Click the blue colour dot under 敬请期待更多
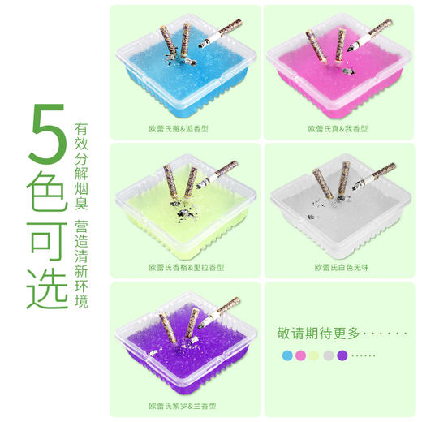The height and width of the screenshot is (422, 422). (x=286, y=355)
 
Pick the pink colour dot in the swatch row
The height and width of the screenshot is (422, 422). (x=300, y=355)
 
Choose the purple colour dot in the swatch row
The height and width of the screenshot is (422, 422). (x=342, y=355)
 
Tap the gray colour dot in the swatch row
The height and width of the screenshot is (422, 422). (x=328, y=355)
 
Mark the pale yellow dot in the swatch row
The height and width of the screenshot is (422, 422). (x=314, y=355)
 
